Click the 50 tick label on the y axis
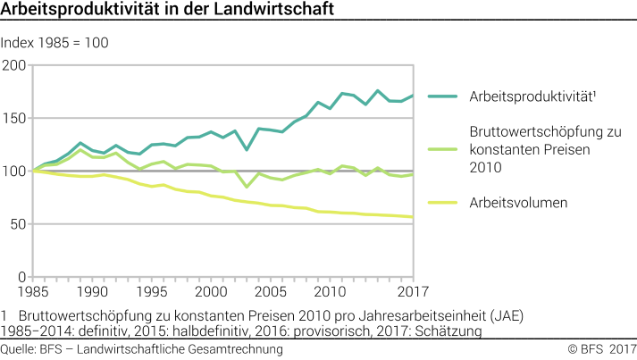point(17,223)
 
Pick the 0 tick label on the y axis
point(21,276)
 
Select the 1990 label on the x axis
point(93,291)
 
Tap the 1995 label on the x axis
point(153,291)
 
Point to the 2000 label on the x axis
point(212,291)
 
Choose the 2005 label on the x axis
point(272,291)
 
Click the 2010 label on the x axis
point(331,291)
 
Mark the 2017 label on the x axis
point(411,291)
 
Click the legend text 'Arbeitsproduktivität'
point(532,96)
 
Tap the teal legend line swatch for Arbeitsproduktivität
point(443,96)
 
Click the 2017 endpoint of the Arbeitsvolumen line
point(413,217)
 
